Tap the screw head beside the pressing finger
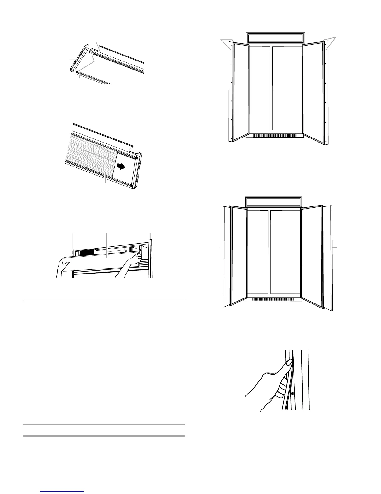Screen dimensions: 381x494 [x=293, y=393]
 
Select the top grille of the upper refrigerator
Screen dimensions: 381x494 [x=275, y=38]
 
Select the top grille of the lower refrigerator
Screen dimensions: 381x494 [x=273, y=202]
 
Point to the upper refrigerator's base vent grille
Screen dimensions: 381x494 [x=274, y=136]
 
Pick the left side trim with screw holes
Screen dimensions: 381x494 [x=231, y=92]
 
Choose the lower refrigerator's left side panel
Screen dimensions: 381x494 [x=226, y=256]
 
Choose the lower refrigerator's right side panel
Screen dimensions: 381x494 [x=328, y=256]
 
